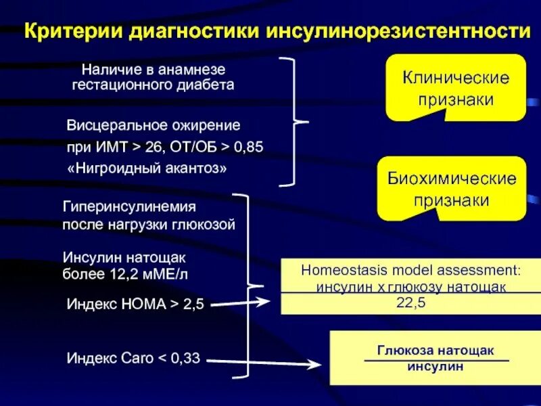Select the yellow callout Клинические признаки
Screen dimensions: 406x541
click(456, 88)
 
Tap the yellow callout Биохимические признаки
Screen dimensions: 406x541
click(452, 189)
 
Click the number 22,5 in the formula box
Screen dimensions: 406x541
click(410, 303)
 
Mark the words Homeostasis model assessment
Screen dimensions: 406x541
click(410, 269)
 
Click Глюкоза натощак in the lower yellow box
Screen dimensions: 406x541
click(436, 351)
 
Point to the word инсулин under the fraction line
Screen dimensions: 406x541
click(436, 367)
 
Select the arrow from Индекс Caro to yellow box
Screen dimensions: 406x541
click(264, 363)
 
